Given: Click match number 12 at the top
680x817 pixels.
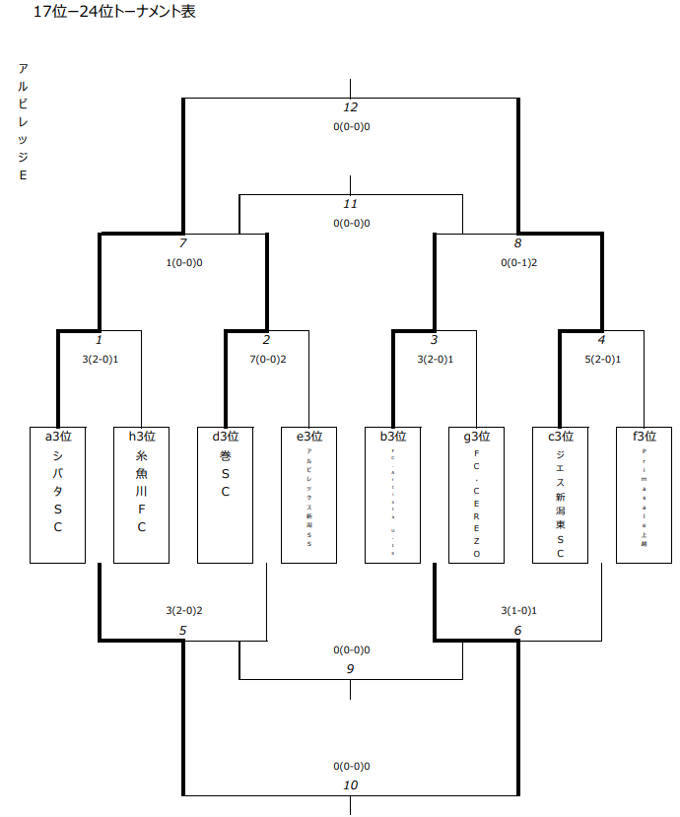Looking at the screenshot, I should [x=351, y=107].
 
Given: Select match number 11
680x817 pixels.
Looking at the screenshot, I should [x=351, y=204].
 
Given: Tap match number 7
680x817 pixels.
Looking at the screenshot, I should [x=182, y=243].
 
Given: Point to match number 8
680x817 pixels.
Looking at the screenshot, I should [x=518, y=243].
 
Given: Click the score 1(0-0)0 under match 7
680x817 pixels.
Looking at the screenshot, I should [x=183, y=263].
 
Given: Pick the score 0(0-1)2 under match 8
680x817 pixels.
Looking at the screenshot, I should [x=518, y=263].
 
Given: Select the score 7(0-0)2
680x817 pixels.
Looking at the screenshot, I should [x=267, y=359].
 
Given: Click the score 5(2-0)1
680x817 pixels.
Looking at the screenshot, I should [x=602, y=359].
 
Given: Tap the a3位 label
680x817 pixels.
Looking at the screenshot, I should [x=58, y=436].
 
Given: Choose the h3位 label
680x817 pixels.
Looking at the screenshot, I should [x=142, y=436].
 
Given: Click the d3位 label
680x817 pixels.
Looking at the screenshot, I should [x=226, y=436].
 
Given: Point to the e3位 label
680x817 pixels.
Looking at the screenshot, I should [x=309, y=436].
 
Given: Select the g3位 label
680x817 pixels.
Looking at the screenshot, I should [x=477, y=436].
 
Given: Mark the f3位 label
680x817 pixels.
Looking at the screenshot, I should [x=645, y=436].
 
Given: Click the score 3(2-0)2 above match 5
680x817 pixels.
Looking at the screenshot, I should [x=183, y=611].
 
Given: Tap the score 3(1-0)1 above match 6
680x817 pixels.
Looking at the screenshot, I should [x=518, y=611].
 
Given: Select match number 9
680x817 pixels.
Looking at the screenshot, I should [x=351, y=668].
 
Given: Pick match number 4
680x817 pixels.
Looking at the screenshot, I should [x=602, y=340].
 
